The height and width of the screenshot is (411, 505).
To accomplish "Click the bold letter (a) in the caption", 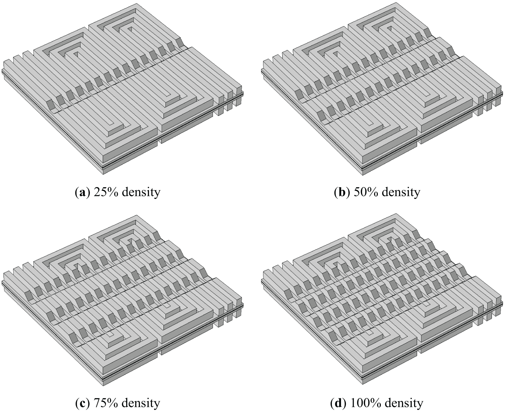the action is [83, 192].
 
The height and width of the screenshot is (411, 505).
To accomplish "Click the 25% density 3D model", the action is [123, 89].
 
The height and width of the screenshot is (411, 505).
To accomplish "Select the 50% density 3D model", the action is [382, 89].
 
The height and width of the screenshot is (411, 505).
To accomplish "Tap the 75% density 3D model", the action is [123, 301].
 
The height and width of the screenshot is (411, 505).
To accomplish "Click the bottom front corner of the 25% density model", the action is [103, 174].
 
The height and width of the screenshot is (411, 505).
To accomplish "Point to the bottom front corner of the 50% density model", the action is [363, 175].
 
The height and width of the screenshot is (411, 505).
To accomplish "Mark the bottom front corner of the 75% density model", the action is [103, 387].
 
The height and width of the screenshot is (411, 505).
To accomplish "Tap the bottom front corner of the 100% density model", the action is [363, 387].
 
